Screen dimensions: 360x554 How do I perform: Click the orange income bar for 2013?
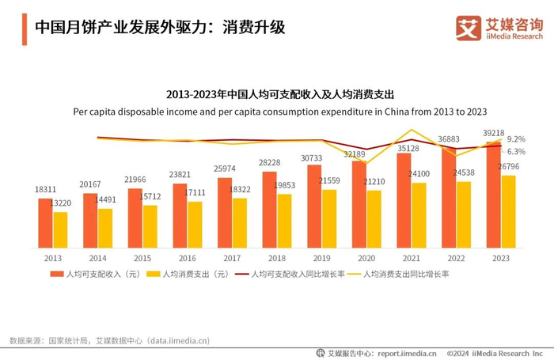45,222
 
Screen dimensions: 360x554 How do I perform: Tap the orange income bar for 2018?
269,209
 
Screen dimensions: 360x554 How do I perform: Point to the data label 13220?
61,204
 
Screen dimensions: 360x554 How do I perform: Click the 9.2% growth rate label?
516,139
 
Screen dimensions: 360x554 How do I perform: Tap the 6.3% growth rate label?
516,151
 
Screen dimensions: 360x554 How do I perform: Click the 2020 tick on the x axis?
366,258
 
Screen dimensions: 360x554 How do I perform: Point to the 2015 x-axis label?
142,258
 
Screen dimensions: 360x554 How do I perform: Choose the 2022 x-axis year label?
455,258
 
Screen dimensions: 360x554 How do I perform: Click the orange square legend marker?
55,275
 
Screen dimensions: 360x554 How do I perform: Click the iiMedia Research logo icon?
469,28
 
